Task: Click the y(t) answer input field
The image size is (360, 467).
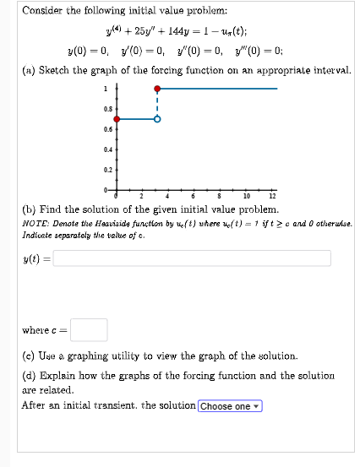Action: pos(192,258)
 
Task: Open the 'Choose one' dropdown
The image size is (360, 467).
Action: pos(230,406)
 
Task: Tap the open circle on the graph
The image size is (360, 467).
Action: pos(156,119)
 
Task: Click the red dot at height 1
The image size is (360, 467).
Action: pos(156,88)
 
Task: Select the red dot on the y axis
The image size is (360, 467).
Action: pos(117,119)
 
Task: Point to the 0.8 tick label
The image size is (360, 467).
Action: pos(106,110)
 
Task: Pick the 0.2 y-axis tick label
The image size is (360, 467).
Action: pos(106,169)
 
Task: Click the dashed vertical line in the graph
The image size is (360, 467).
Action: pos(156,104)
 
